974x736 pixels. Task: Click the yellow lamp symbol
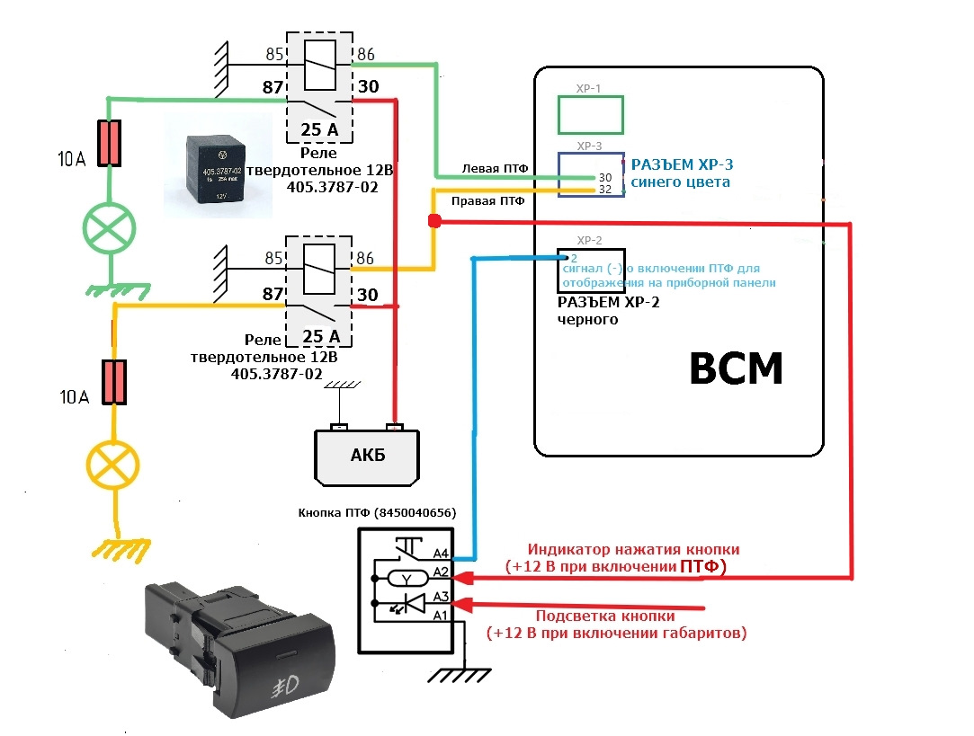point(112,465)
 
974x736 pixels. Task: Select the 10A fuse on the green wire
point(110,143)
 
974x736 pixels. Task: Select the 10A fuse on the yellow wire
point(113,381)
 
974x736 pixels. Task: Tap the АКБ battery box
point(366,454)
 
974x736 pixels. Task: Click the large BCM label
point(736,368)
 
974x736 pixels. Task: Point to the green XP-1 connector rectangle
point(590,115)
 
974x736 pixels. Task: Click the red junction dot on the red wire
point(433,221)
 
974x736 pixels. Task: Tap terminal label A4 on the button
point(440,554)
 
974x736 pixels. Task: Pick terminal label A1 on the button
point(440,615)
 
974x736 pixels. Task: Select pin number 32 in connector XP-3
point(580,190)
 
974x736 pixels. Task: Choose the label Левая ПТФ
point(494,168)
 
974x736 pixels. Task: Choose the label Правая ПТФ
point(486,202)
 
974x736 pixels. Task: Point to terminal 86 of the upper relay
point(366,54)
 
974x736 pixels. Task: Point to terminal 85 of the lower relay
point(274,259)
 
